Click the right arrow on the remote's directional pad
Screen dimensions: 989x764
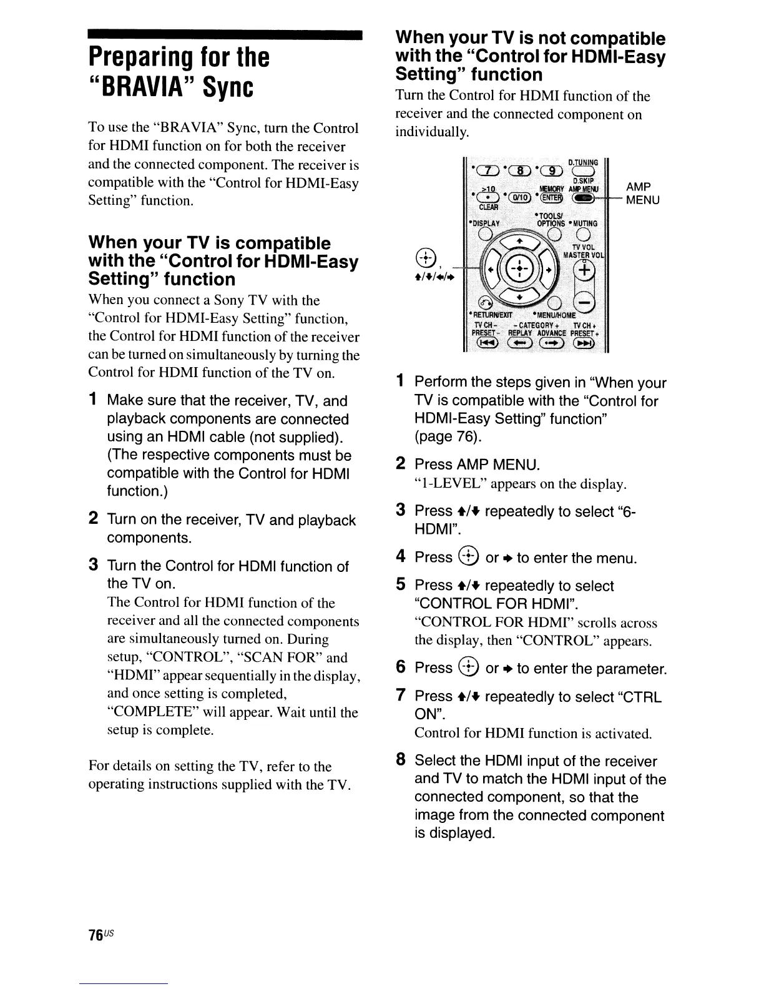click(549, 273)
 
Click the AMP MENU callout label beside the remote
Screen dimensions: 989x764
click(639, 193)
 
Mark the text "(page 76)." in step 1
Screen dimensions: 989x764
click(447, 437)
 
